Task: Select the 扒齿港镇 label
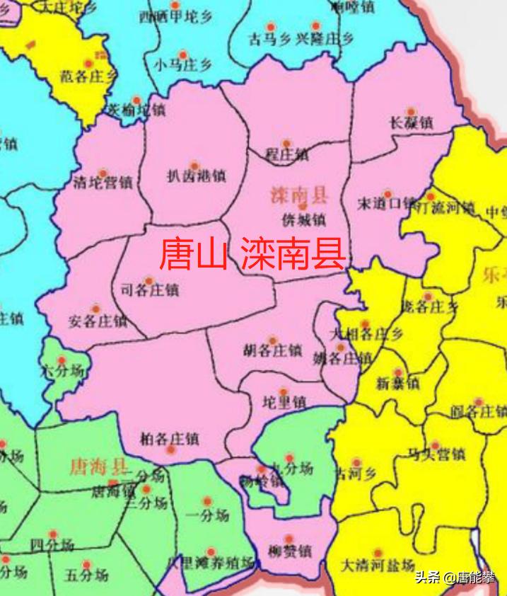[196, 176]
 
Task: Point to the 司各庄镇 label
[150, 290]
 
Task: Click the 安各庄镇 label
[98, 321]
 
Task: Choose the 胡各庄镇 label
[272, 350]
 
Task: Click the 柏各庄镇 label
[170, 438]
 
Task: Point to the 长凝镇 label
[411, 122]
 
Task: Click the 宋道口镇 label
[386, 204]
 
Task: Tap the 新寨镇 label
[398, 384]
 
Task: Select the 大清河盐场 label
[377, 566]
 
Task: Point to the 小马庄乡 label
[182, 65]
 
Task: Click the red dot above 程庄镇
[286, 143]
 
